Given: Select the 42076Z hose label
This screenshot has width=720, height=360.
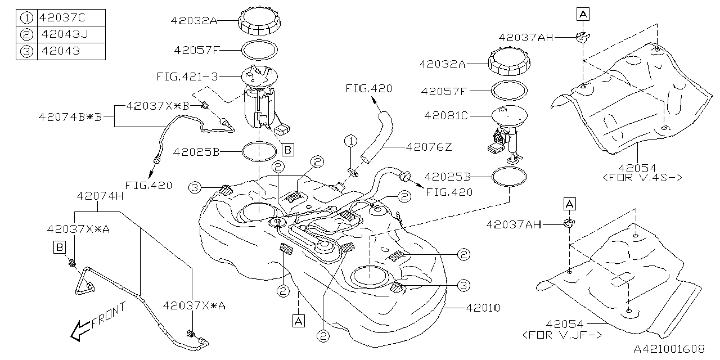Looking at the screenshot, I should pos(433,147).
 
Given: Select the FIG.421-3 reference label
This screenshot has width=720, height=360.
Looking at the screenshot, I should pos(187,76).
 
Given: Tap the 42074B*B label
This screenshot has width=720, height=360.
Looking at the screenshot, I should pos(70,117).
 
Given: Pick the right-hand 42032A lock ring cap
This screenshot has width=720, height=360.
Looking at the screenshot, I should pos(506,61).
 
